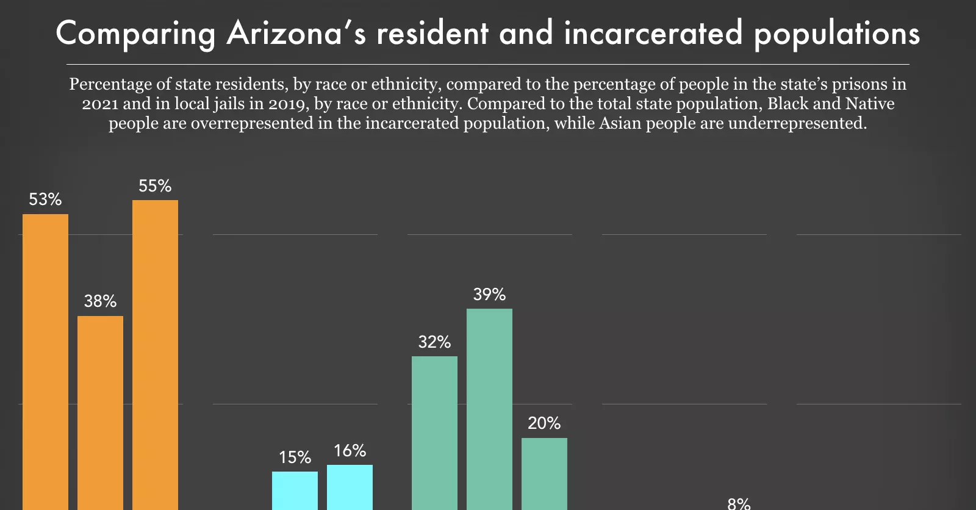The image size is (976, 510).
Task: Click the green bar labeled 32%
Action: [434, 433]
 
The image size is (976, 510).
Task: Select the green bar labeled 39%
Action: [489, 409]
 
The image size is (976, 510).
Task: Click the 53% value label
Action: [45, 199]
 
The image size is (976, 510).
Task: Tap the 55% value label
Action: [155, 186]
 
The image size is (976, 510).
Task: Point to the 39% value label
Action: [489, 295]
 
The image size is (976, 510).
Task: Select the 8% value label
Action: [739, 503]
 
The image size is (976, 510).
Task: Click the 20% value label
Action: [544, 423]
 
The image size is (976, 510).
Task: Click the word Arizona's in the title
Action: [296, 34]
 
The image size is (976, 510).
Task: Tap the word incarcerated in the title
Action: [653, 34]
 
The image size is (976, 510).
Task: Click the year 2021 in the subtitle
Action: [100, 104]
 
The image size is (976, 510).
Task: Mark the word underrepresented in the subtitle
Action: [797, 123]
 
